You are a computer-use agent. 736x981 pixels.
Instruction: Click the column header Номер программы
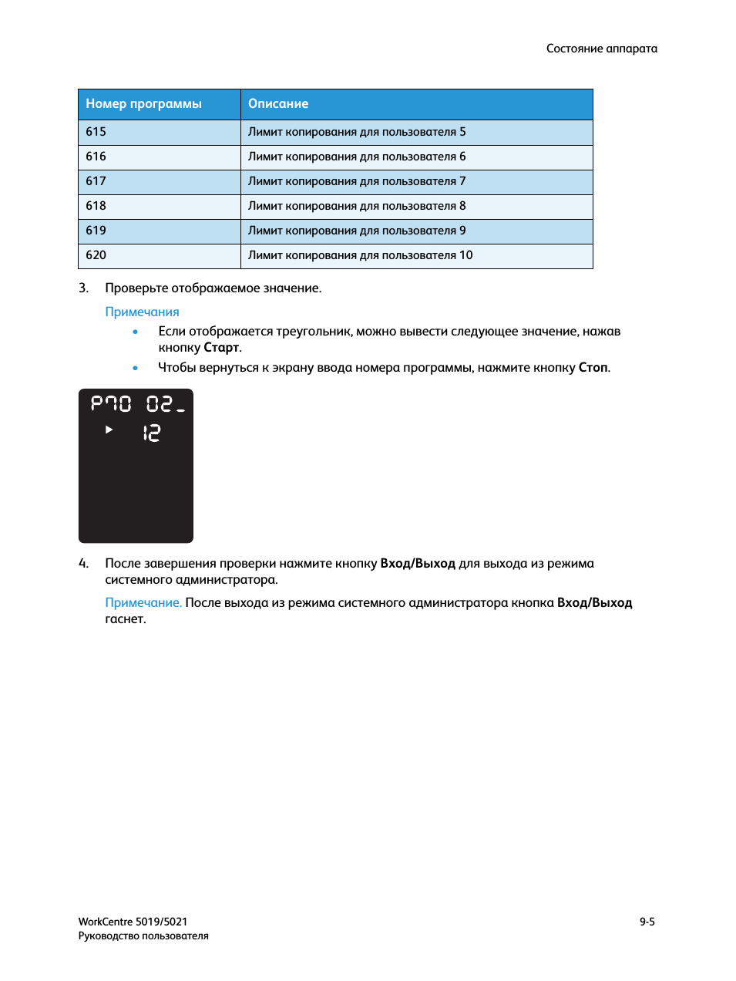point(143,104)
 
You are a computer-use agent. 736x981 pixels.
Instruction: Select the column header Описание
point(278,104)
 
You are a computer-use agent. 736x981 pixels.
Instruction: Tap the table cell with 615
point(96,132)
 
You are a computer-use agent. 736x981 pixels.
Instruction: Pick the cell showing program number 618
point(96,206)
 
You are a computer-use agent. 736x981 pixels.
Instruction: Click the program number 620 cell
point(96,255)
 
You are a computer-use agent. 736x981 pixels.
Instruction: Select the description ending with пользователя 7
point(357,181)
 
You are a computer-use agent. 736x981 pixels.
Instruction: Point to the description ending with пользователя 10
point(360,255)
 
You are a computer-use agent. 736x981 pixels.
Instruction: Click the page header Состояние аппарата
point(601,49)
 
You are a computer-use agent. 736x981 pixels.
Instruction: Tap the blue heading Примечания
point(142,312)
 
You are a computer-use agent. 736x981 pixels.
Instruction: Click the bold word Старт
point(221,348)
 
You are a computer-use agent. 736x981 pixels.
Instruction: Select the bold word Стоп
point(593,368)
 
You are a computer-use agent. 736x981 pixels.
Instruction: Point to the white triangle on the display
point(109,430)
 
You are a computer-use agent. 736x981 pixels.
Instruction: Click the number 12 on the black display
point(151,433)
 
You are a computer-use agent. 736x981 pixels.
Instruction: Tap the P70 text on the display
point(111,403)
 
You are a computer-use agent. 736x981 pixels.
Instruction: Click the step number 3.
point(83,288)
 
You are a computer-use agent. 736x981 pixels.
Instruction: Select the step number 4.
point(83,564)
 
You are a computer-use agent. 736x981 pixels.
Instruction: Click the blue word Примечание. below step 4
point(143,603)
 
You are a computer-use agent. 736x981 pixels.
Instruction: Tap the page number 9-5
point(647,922)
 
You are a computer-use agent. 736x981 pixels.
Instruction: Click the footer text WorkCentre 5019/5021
point(133,922)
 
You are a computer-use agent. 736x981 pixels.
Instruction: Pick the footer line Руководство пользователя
point(143,936)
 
